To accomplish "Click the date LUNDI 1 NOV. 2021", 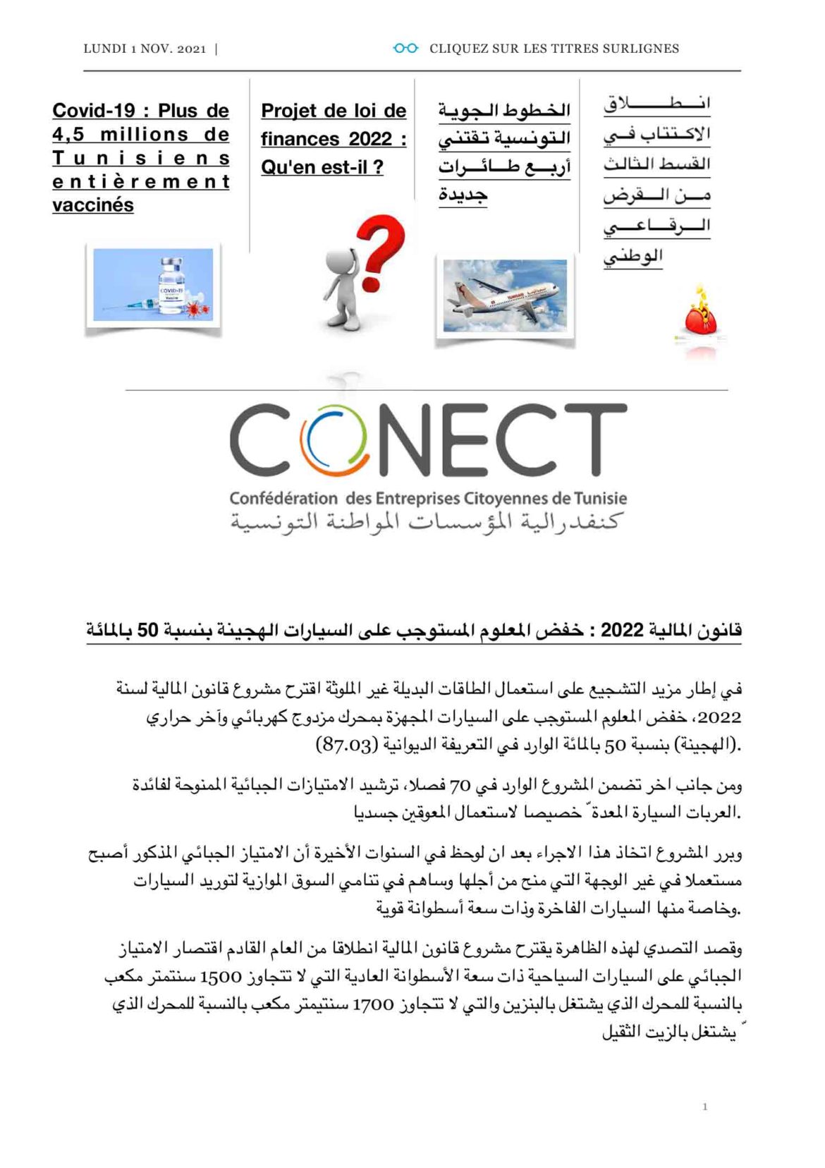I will click(x=145, y=49).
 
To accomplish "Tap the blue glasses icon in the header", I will click(x=405, y=49).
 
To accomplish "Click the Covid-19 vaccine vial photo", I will click(x=153, y=285).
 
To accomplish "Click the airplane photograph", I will click(x=505, y=295).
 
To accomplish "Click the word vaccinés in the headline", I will click(x=93, y=205).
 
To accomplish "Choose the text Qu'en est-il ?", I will click(x=322, y=167).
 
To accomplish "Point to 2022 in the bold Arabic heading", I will click(x=622, y=630).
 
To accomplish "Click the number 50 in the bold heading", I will click(x=147, y=630).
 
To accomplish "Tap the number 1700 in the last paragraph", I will click(x=373, y=1004).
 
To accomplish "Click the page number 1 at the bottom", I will click(x=704, y=1107).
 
